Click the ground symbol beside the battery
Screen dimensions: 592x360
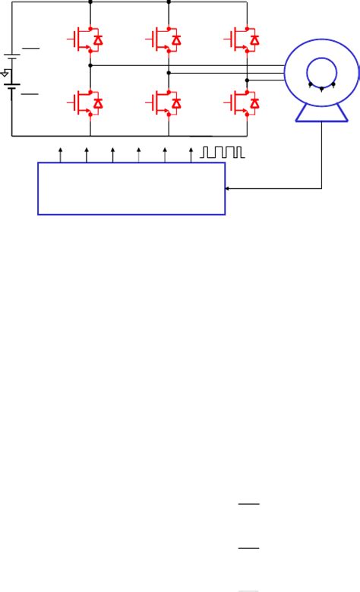coord(5,74)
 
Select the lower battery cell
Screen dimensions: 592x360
coord(12,90)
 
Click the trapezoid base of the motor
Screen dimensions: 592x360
coord(322,113)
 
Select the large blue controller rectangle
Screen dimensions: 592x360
coord(131,187)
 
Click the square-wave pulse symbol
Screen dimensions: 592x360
coord(223,153)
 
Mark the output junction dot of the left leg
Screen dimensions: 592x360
coord(90,66)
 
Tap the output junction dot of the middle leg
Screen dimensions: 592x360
coord(169,72)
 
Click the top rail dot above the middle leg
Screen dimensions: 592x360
coord(169,2)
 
